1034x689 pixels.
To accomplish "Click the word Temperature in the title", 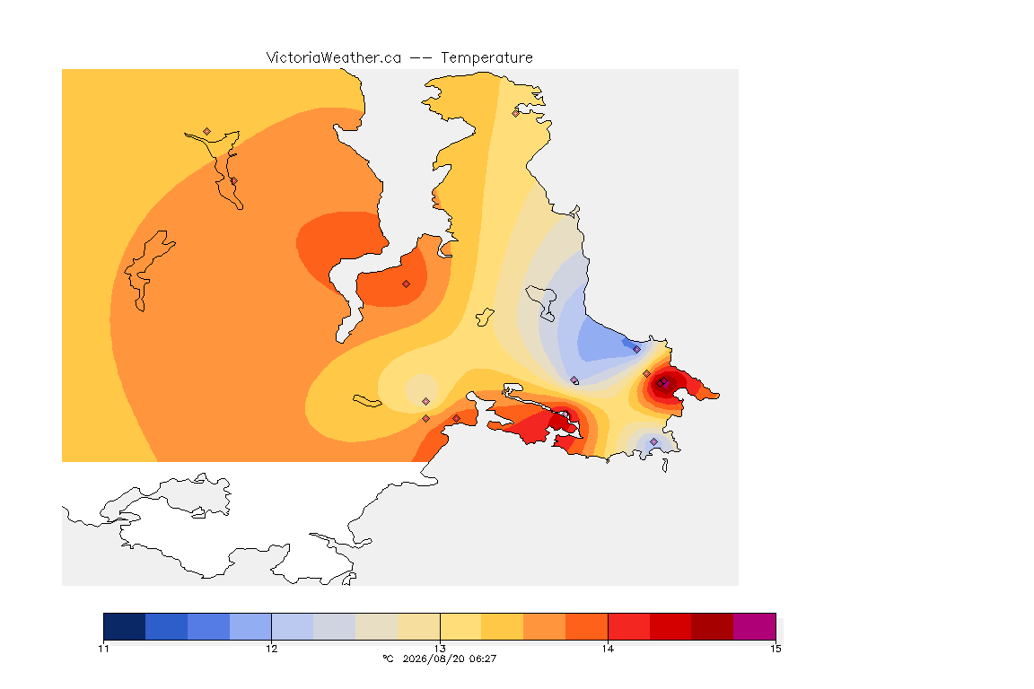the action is (486, 58).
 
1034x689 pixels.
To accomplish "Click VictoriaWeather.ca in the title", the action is (334, 58).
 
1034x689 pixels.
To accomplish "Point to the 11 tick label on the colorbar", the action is (103, 649).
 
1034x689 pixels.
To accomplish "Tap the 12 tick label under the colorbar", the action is (272, 649).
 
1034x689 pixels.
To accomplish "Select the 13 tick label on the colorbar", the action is (440, 649).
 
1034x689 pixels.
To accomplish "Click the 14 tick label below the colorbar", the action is (608, 649).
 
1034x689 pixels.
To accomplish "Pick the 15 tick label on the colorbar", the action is (775, 649).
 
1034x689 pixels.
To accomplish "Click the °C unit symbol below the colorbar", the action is (388, 658).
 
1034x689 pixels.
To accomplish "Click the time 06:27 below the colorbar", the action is (483, 658).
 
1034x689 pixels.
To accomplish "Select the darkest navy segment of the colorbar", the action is (125, 626).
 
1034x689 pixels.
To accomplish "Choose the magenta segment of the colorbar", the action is (754, 626).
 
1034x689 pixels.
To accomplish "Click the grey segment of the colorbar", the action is (334, 626).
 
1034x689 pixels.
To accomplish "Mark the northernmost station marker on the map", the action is (516, 113).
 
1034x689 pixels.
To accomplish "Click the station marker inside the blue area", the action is (636, 350).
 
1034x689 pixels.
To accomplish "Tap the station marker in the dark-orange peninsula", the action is (407, 284).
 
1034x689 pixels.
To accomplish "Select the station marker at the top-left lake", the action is (207, 132).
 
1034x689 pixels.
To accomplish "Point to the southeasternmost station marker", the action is (653, 441).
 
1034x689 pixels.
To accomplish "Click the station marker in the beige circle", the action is (426, 402).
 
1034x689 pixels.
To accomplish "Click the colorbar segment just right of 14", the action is (628, 626).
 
